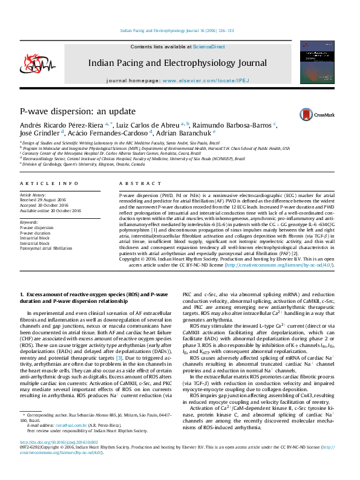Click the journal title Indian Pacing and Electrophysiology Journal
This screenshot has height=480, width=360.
[177, 62]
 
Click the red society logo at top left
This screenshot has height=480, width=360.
[32, 63]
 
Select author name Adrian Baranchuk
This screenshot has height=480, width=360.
[189, 133]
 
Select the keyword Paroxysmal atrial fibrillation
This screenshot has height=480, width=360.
[45, 248]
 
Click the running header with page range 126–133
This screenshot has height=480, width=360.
[177, 30]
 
